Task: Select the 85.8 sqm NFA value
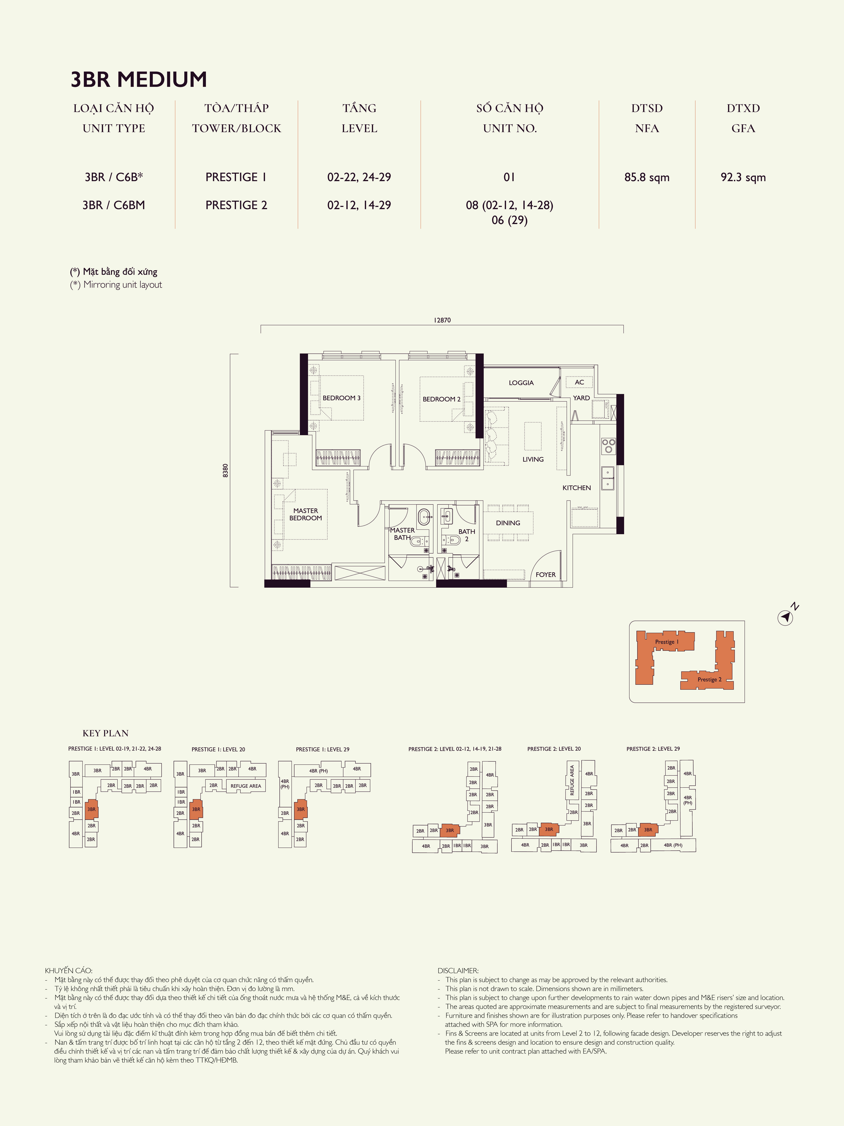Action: (x=647, y=177)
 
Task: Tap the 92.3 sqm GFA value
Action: (x=743, y=177)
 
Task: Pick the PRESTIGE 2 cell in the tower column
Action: (x=236, y=205)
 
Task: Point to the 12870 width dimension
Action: (x=442, y=320)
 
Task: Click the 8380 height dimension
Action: (x=225, y=470)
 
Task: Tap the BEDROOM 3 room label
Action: (x=341, y=398)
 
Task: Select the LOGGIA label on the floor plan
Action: (x=521, y=383)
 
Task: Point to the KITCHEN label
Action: (x=576, y=488)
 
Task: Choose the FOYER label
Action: (x=545, y=575)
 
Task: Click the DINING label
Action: (x=508, y=523)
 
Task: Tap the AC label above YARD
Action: (x=579, y=382)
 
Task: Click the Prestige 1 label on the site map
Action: (x=666, y=642)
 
